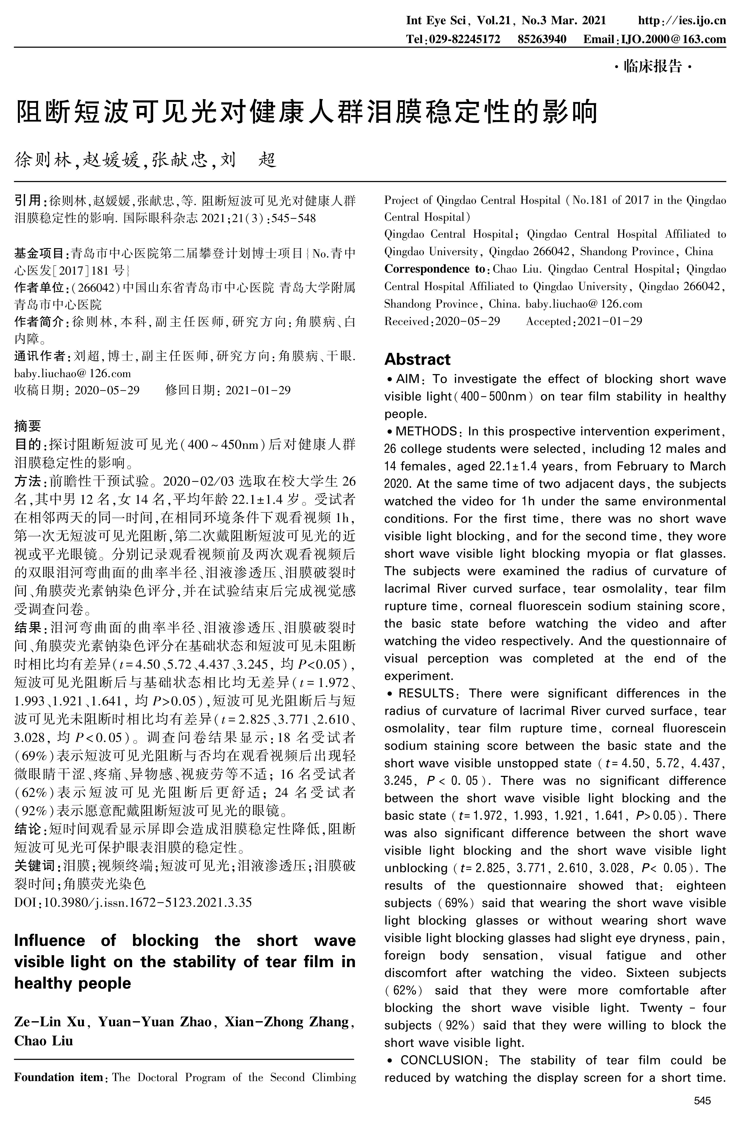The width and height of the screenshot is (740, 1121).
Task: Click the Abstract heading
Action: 417,359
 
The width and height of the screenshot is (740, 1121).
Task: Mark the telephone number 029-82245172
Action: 465,39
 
